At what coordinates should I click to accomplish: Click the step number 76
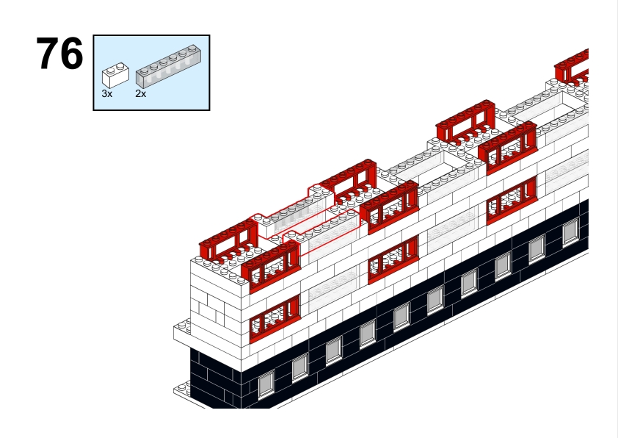click(59, 54)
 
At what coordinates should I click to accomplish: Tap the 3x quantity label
click(107, 93)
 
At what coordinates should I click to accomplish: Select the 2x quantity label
click(141, 93)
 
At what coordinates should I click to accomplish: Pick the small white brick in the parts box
click(115, 74)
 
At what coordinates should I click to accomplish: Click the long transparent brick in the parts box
click(168, 66)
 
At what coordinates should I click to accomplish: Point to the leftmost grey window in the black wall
click(266, 383)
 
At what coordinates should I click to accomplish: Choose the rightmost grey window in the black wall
click(570, 233)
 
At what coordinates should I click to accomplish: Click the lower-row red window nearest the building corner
click(275, 319)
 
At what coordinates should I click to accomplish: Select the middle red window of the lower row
click(393, 259)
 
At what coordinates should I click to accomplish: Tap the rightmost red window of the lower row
click(512, 201)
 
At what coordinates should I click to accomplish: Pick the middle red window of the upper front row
click(390, 207)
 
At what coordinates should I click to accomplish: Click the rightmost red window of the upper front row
click(508, 148)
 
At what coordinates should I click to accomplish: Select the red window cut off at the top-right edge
click(572, 66)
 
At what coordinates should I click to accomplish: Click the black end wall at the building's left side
click(216, 377)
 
